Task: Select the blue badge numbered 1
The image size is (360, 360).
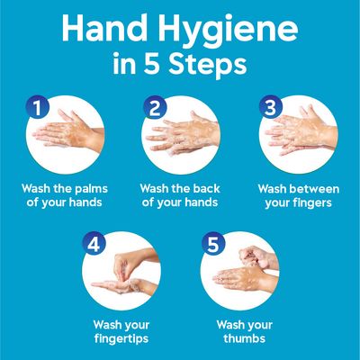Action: (36, 109)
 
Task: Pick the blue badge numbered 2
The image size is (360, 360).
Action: (154, 109)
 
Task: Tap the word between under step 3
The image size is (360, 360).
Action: (309, 189)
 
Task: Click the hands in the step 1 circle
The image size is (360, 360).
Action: (67, 134)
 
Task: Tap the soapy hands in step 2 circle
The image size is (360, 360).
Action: (184, 135)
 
